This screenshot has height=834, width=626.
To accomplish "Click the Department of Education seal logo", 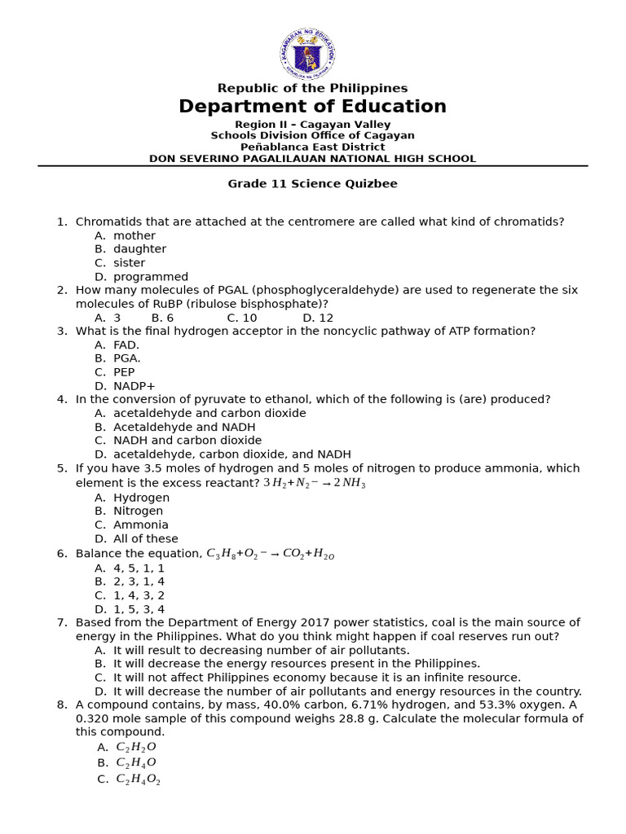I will pyautogui.click(x=306, y=54).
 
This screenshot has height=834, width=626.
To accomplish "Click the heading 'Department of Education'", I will pyautogui.click(x=312, y=107).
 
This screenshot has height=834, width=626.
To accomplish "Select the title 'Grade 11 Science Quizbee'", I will pyautogui.click(x=312, y=184).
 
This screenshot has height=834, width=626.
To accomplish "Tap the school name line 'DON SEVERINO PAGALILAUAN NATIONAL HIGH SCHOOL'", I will pyautogui.click(x=312, y=159).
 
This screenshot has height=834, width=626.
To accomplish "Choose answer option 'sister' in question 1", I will pyautogui.click(x=129, y=263).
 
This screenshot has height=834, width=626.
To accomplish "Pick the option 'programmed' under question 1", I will pyautogui.click(x=150, y=277).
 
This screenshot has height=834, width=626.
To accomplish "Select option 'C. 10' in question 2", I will pyautogui.click(x=242, y=318).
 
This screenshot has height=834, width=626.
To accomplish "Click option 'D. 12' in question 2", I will pyautogui.click(x=318, y=318).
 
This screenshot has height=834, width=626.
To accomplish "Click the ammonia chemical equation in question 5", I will pyautogui.click(x=314, y=483).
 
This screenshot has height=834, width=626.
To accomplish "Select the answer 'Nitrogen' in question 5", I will pyautogui.click(x=138, y=511).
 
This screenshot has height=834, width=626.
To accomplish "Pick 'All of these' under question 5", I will pyautogui.click(x=145, y=539).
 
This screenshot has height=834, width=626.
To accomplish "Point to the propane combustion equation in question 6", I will pyautogui.click(x=270, y=554).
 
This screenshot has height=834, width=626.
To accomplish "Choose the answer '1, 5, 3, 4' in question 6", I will pyautogui.click(x=139, y=609).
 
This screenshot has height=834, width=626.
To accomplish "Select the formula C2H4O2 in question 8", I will pyautogui.click(x=138, y=779).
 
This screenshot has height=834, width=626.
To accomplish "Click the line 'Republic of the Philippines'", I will pyautogui.click(x=312, y=88).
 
